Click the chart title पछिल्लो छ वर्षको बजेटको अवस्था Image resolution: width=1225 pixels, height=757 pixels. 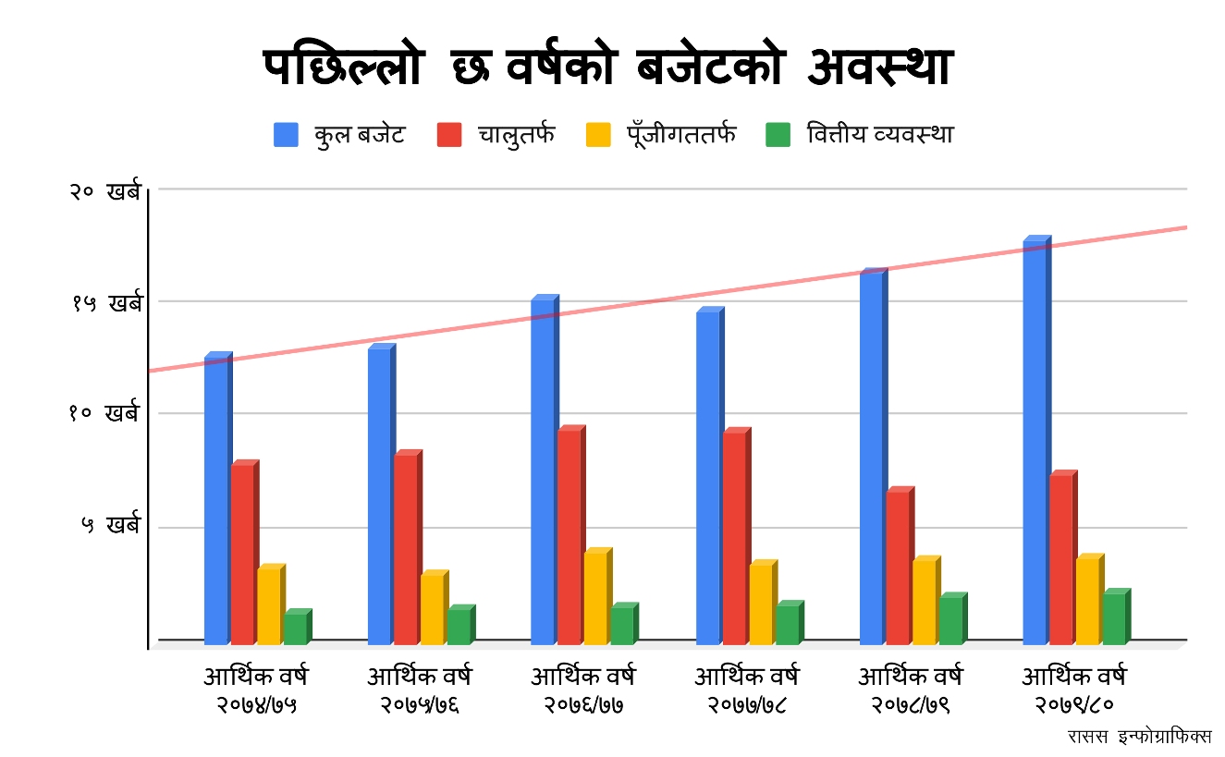(607, 68)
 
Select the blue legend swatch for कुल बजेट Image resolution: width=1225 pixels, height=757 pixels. (286, 135)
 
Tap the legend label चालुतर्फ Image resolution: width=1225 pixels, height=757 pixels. (516, 135)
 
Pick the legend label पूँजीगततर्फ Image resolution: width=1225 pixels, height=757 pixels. (675, 135)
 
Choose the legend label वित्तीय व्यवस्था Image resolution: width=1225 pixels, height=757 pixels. (879, 135)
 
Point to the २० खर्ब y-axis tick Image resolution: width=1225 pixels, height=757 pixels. (104, 191)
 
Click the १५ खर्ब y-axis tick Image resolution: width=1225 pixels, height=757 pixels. (106, 303)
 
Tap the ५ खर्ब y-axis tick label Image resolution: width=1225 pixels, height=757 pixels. (110, 526)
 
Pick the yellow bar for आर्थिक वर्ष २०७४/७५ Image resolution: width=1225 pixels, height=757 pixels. (269, 604)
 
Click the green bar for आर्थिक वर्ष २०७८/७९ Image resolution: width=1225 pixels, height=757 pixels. (951, 620)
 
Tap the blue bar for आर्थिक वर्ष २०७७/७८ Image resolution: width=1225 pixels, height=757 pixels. (708, 477)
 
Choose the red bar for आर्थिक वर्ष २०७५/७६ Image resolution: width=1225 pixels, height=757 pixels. (406, 549)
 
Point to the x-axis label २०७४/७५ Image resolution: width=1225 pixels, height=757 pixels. (256, 706)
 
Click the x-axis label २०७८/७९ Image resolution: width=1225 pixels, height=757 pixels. (910, 706)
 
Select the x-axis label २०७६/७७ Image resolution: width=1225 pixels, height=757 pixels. (582, 706)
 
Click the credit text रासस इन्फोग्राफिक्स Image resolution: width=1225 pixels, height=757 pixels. (1139, 737)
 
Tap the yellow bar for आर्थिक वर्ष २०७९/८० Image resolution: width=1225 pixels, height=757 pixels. (1087, 601)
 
